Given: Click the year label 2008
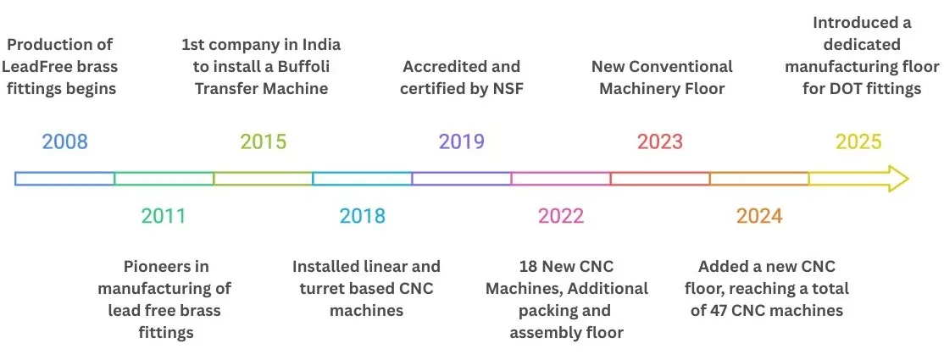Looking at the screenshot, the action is coord(64,142).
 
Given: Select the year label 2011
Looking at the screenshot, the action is coord(164,215).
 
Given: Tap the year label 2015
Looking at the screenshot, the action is coord(263,142).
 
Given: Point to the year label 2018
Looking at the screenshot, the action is coord(362,215).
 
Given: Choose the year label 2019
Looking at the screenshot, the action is coord(461,142).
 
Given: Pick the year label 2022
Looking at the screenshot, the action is coord(560,215).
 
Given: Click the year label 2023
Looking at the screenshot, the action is coord(660,142).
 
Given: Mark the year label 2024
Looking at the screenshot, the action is coord(759,215).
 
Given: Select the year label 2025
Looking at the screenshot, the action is coord(858,142).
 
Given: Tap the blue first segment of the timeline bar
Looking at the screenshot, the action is coord(64,179).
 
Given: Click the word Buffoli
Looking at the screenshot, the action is coord(313,67).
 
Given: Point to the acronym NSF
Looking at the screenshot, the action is coord(508,89).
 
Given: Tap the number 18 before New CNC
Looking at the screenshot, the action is coord(528,266).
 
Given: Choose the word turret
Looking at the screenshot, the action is coord(320,288).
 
